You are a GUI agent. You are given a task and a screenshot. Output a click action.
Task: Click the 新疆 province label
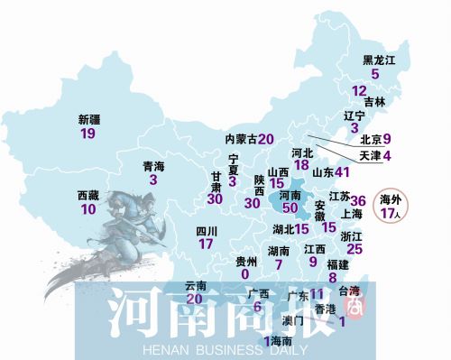pos(89,118)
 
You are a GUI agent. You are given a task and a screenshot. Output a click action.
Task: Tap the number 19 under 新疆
pos(87,134)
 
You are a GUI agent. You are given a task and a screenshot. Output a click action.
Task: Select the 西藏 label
pos(87,195)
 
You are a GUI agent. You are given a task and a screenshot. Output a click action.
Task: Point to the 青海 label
pos(154,166)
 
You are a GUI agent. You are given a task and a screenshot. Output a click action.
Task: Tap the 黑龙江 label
pos(380,60)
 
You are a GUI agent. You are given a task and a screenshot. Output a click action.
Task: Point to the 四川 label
pos(207,230)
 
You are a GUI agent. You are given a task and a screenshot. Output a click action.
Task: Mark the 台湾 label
pos(348,291)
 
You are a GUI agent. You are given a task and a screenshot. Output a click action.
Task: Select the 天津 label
pos(371,156)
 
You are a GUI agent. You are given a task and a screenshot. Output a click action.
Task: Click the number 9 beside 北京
pos(386,139)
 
